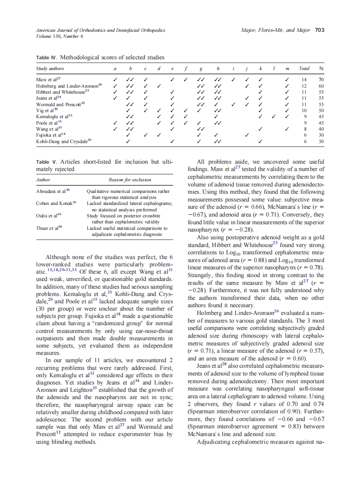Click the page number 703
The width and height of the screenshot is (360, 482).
point(320,31)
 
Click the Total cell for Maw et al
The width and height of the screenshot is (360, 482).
point(304,79)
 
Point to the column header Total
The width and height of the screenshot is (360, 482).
point(304,68)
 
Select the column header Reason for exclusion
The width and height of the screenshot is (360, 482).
point(129,180)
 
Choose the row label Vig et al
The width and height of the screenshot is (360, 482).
point(46,110)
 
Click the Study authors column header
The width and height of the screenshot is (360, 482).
point(51,68)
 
